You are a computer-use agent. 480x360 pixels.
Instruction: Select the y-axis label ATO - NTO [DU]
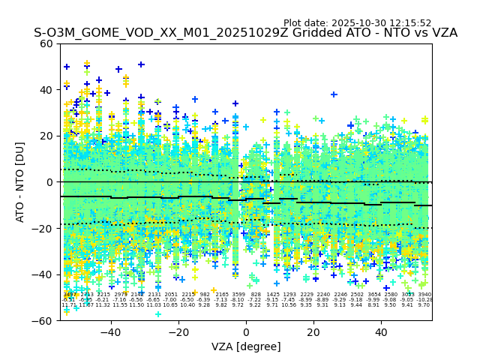coord(20,181)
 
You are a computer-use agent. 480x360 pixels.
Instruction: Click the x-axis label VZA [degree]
coord(246,346)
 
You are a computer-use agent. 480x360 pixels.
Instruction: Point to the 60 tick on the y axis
coord(46,43)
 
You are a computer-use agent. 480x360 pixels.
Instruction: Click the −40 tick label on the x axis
coord(110,331)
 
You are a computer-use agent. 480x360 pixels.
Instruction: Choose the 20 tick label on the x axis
coord(313,331)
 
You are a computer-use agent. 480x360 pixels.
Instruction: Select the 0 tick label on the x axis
coord(246,331)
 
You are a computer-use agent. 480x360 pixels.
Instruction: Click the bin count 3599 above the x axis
coord(238,295)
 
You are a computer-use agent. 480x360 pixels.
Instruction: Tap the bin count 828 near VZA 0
coord(256,295)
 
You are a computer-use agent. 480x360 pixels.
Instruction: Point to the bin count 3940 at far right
coord(424,295)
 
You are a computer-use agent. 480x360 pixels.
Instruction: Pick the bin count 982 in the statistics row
coord(205,295)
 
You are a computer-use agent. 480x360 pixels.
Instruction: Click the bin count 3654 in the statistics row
coord(373,295)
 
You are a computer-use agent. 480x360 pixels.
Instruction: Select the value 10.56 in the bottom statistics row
coord(289,305)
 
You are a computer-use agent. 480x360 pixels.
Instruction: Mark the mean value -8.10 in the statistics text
coord(238,300)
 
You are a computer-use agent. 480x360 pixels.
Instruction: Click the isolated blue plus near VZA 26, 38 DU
coord(334,94)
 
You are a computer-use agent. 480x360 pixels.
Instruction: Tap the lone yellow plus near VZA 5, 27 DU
coord(262,119)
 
